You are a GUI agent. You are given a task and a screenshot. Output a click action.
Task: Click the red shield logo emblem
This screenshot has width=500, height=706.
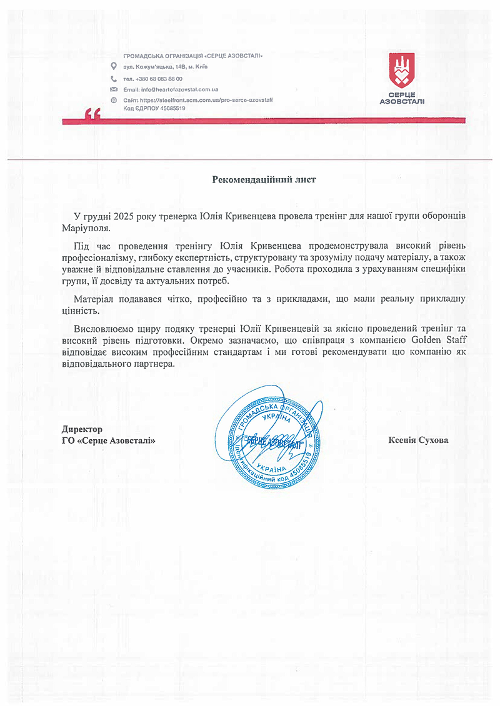[402, 71]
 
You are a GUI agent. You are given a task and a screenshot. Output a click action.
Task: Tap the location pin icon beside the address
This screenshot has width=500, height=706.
[113, 66]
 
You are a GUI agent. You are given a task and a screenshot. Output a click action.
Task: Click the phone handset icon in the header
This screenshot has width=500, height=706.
[113, 79]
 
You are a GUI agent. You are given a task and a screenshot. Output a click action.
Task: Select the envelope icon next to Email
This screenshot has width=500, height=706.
[113, 89]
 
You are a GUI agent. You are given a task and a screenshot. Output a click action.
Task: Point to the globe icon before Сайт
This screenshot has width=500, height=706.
[113, 100]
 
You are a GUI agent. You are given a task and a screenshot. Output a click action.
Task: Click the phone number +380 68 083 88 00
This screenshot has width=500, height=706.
[156, 79]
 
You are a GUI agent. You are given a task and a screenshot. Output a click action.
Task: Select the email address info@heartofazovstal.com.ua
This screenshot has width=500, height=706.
[178, 89]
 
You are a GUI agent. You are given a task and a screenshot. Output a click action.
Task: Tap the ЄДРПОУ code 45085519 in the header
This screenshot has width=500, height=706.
[170, 108]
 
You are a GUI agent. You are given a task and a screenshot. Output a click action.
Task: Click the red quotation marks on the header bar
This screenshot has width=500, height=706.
[93, 114]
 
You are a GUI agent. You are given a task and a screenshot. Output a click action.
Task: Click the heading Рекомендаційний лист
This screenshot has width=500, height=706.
[264, 179]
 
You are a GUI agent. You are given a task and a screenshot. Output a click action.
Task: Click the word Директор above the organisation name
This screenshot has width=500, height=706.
[82, 429]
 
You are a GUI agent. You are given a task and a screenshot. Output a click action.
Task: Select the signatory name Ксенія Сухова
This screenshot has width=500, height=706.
[418, 440]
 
